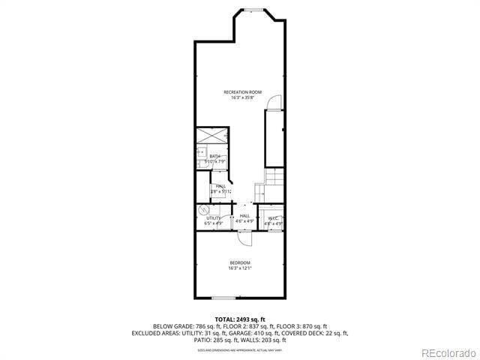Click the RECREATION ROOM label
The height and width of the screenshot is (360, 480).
(x=242, y=92)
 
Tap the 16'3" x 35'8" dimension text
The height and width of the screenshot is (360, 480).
(x=242, y=97)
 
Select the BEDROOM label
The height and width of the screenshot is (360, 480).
(x=240, y=262)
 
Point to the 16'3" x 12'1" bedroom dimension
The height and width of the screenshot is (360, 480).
(x=240, y=268)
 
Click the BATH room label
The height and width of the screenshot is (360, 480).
(x=214, y=156)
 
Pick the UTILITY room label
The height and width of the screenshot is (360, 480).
(x=213, y=217)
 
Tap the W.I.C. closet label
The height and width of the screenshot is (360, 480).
(x=274, y=217)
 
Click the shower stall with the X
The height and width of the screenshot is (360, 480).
(x=212, y=136)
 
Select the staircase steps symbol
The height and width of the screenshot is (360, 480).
(x=275, y=178)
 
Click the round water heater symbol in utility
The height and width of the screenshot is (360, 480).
(x=203, y=211)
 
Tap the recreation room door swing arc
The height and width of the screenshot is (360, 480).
(x=275, y=102)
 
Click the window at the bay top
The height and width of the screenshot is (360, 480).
(x=252, y=10)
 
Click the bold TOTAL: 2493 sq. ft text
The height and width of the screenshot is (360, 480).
(x=240, y=319)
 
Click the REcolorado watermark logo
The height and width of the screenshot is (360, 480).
(x=448, y=352)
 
